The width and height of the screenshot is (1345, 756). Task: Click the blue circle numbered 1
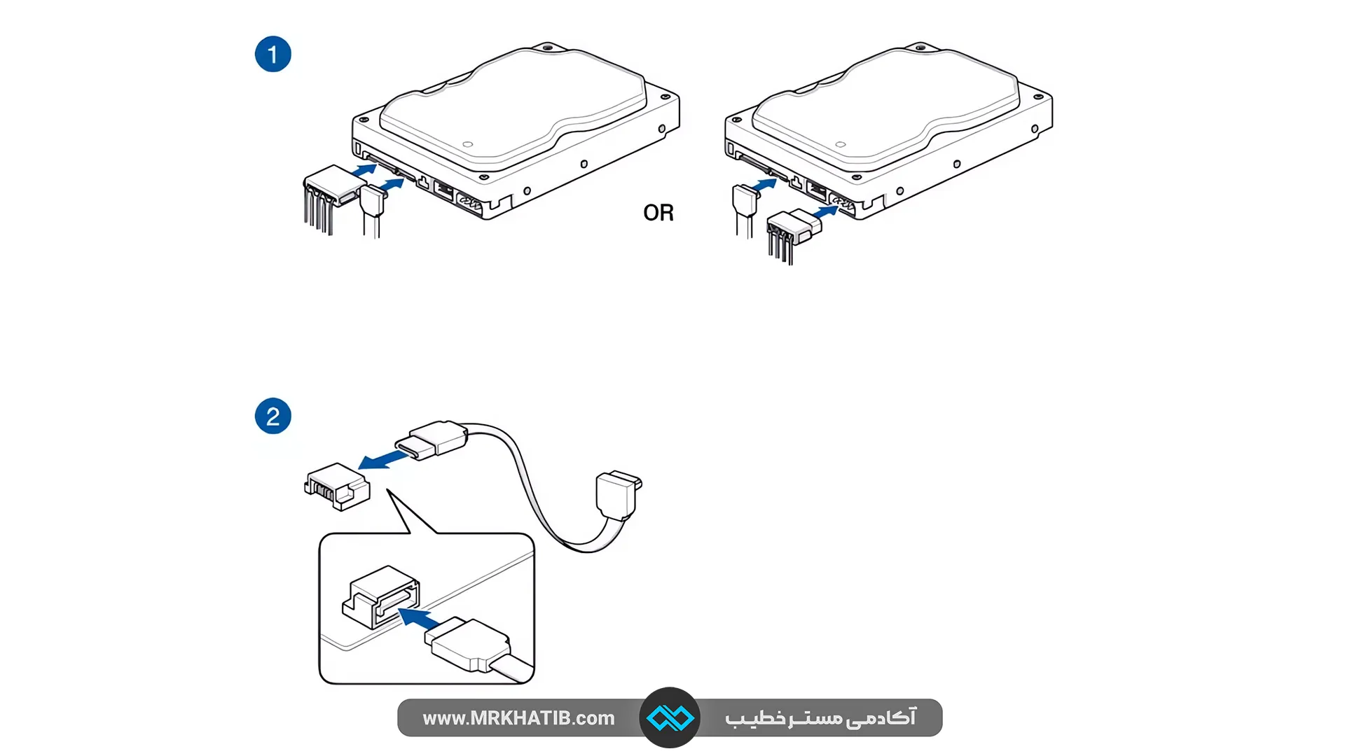click(273, 55)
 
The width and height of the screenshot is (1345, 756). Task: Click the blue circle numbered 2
click(273, 416)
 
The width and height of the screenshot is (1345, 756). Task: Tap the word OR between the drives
click(658, 213)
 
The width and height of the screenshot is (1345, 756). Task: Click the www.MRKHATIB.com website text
click(518, 718)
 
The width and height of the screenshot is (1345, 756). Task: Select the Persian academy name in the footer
click(820, 718)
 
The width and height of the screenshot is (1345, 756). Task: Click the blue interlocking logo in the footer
click(670, 717)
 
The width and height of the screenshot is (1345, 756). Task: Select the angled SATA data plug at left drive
click(373, 201)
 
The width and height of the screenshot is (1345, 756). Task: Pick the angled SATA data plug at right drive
click(745, 200)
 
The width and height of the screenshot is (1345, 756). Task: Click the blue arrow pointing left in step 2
click(382, 460)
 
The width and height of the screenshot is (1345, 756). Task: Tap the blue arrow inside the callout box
click(418, 619)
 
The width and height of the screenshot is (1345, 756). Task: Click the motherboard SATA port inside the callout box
click(382, 596)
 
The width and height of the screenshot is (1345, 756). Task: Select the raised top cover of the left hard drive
click(511, 105)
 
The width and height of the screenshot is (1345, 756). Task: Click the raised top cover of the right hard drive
click(884, 105)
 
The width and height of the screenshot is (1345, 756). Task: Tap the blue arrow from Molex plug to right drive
click(825, 211)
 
